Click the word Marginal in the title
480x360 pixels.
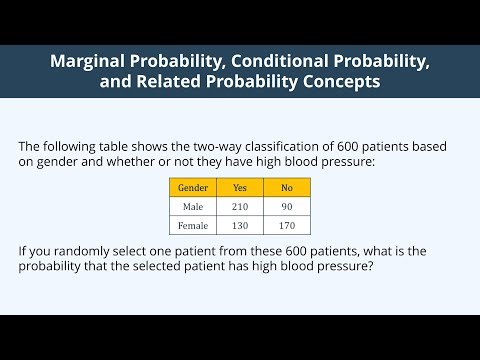click(92, 62)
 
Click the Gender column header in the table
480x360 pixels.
click(193, 187)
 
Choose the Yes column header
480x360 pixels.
click(240, 187)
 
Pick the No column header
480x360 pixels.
click(287, 187)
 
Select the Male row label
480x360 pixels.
click(193, 207)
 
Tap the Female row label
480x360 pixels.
click(193, 227)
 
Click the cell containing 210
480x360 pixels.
click(240, 207)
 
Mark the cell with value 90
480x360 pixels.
click(287, 207)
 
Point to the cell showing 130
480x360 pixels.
click(240, 227)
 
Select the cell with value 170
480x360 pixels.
click(287, 227)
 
